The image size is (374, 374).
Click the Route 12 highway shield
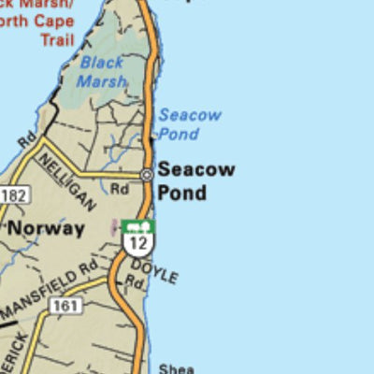click(137, 243)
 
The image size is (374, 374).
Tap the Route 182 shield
click(16, 194)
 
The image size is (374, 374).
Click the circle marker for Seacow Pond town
click(147, 175)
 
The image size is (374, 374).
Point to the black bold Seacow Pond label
click(194, 181)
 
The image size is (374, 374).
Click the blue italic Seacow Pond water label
click(189, 124)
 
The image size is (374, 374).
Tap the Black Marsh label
click(101, 71)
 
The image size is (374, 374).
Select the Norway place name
click(47, 227)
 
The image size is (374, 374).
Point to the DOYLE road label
click(153, 270)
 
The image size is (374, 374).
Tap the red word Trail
click(56, 41)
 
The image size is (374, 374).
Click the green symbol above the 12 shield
click(138, 225)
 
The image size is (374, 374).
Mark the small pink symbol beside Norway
click(115, 226)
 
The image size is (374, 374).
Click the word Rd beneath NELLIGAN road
click(119, 188)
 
